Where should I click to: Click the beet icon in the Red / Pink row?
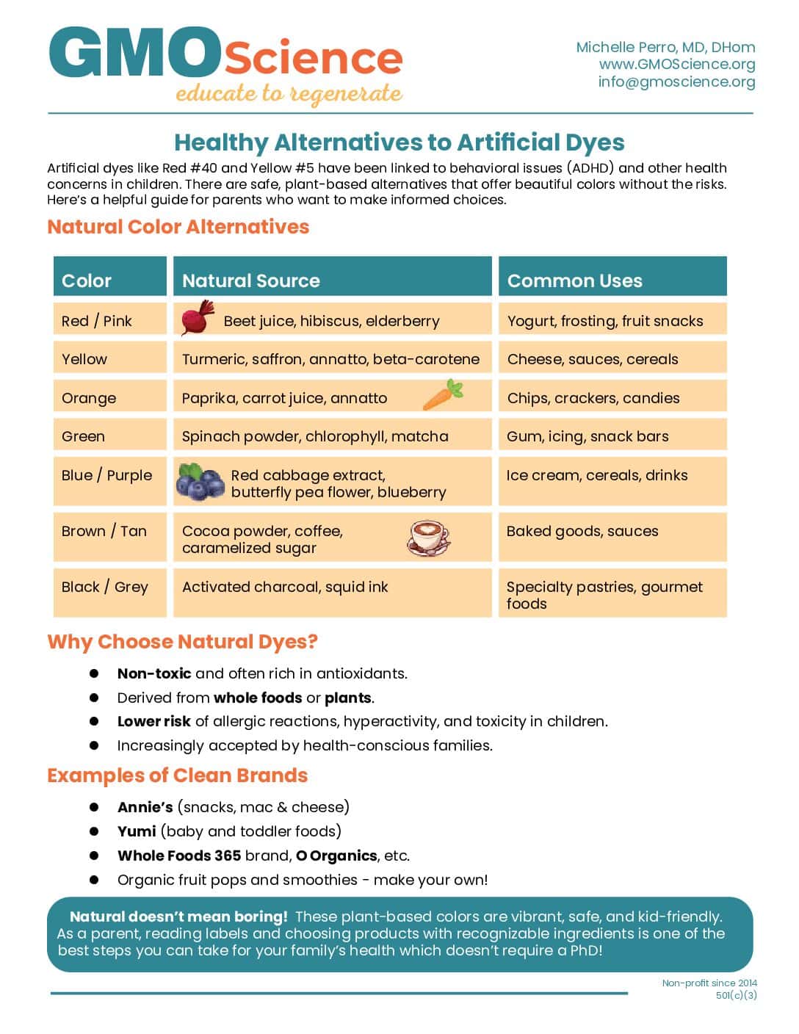(197, 317)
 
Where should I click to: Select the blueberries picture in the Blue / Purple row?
(200, 482)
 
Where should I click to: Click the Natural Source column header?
(251, 281)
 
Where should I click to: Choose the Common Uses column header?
(574, 281)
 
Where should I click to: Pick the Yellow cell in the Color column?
(84, 359)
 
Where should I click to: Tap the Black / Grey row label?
(105, 587)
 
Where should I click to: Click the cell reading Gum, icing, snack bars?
(587, 436)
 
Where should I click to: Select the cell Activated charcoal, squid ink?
(285, 587)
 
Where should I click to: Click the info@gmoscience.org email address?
(676, 82)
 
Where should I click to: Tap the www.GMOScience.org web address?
(676, 64)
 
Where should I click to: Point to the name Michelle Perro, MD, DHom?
(665, 47)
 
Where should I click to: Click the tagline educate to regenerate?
(289, 94)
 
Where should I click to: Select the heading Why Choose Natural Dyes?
(182, 642)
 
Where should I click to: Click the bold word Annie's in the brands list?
(145, 807)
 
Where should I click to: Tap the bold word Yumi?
(137, 831)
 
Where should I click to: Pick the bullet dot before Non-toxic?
(94, 673)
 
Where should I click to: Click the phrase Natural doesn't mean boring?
(178, 916)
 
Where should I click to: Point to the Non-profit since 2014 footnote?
(709, 983)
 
